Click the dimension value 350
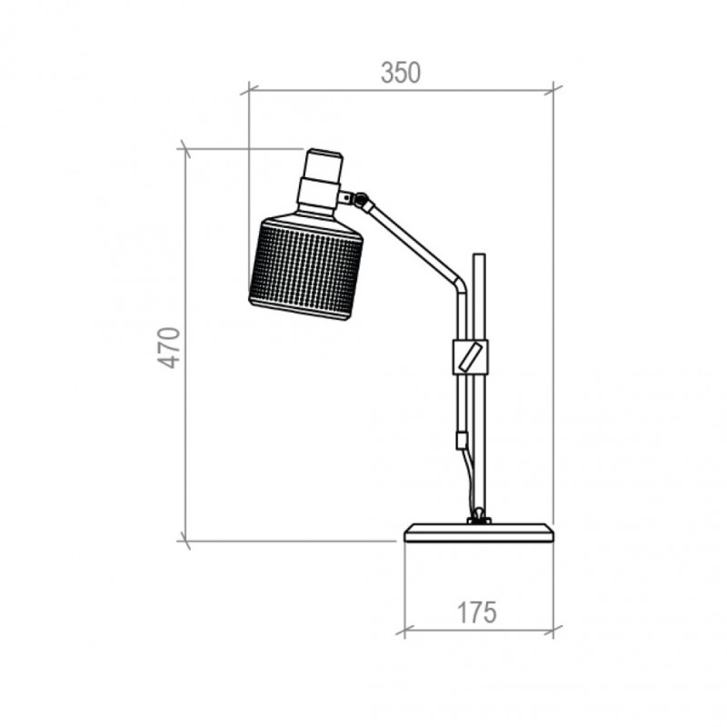click(x=401, y=73)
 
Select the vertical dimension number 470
click(x=170, y=348)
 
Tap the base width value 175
click(x=476, y=612)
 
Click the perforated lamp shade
click(x=305, y=267)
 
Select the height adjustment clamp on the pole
click(x=469, y=356)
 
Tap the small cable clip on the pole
click(x=462, y=441)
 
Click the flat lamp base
click(x=479, y=533)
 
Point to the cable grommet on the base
click(x=477, y=519)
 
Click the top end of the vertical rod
click(x=480, y=257)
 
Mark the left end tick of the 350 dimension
click(x=249, y=90)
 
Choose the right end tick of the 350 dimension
click(x=553, y=90)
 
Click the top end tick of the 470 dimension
click(x=185, y=148)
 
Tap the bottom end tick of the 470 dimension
click(x=185, y=542)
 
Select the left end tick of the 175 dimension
click(x=404, y=629)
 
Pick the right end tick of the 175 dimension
click(x=553, y=629)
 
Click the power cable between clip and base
click(x=469, y=482)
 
